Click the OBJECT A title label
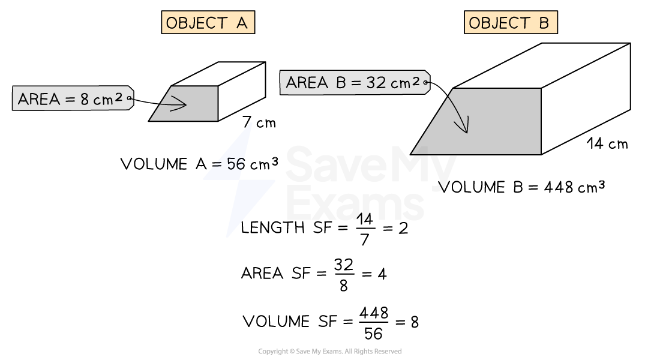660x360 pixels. click(208, 23)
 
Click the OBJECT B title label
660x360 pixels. click(510, 23)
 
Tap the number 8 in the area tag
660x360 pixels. click(85, 99)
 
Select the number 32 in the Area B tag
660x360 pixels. click(376, 83)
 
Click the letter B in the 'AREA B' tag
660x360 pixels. click(341, 83)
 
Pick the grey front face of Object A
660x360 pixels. click(198, 111)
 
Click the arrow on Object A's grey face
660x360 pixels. click(174, 104)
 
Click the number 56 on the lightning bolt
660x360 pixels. click(235, 164)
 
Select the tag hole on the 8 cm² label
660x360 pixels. click(128, 98)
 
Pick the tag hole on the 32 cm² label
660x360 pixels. click(425, 82)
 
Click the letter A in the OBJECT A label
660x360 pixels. click(240, 23)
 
